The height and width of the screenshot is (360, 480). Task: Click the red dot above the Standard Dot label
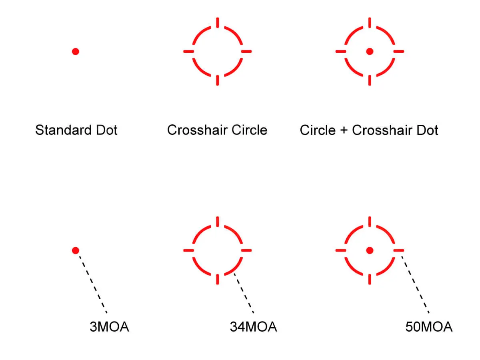tap(76, 51)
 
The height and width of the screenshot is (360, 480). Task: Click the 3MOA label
tap(109, 327)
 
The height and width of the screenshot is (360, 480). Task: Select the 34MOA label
tap(253, 327)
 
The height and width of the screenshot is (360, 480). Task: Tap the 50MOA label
tap(429, 327)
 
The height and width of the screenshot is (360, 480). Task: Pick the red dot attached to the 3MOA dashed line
tap(76, 250)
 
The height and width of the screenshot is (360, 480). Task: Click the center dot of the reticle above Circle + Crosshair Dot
tap(370, 51)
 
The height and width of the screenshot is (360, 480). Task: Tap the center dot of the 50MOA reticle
tap(370, 250)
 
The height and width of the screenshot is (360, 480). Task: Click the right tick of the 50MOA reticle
tap(398, 250)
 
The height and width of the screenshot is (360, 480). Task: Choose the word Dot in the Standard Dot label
tap(106, 130)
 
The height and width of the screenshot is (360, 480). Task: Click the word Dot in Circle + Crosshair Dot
tap(427, 130)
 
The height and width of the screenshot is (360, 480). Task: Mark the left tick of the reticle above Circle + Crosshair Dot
tap(341, 51)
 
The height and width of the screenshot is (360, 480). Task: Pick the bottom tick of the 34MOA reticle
tap(218, 279)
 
